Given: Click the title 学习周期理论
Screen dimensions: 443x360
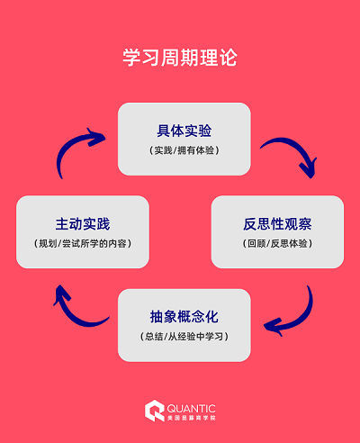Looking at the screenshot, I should [180, 59].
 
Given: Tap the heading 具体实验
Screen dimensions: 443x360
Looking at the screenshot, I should [184, 131].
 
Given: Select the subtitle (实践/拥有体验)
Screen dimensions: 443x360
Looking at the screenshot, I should [184, 150].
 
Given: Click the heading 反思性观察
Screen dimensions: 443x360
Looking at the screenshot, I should [277, 223].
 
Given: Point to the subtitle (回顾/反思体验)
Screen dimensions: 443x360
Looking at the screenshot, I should [277, 243].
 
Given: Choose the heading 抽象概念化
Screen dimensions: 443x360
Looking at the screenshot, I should [184, 317].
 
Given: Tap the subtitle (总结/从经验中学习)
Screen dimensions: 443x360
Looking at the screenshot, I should [184, 337].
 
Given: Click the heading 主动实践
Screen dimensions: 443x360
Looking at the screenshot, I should [83, 223].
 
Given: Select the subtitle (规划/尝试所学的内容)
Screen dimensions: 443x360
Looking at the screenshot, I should [83, 243].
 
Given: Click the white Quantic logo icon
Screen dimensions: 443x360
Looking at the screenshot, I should [155, 411].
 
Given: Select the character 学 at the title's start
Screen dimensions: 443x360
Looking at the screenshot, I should [131, 59].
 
